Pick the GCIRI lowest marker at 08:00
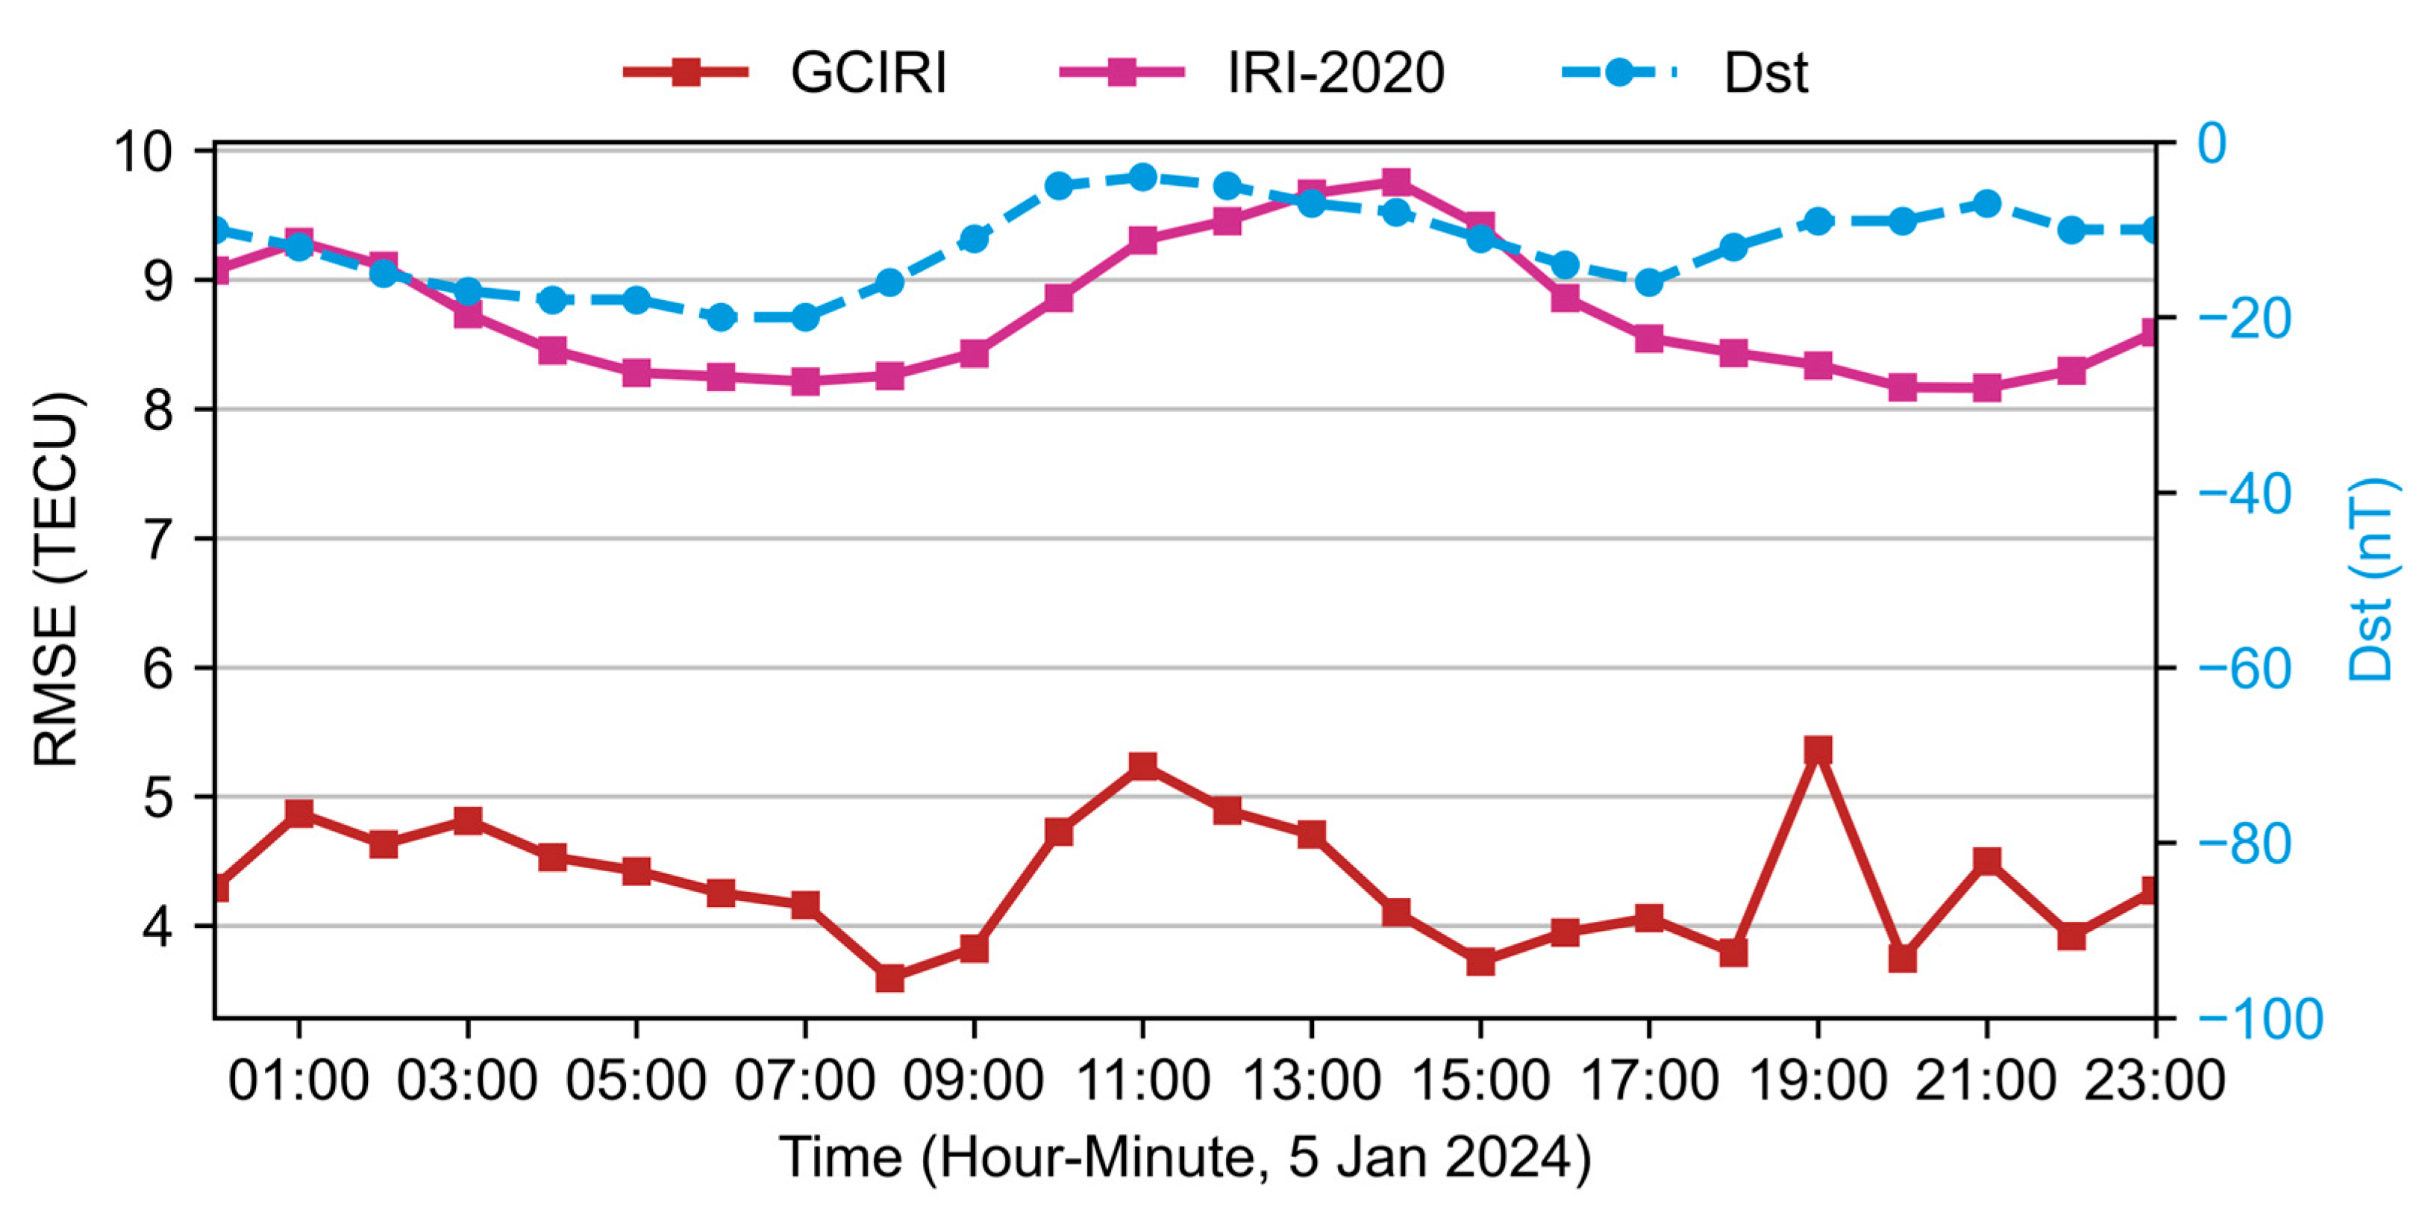coord(890,977)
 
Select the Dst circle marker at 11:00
coord(1143,177)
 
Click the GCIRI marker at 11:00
coord(1143,765)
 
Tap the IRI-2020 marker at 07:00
coord(805,381)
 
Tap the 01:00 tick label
coord(298,1080)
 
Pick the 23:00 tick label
coord(2154,1080)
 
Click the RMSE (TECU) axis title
coord(57,579)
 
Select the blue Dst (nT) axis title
coord(2371,579)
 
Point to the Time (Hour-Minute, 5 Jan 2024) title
coord(1185,1158)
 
